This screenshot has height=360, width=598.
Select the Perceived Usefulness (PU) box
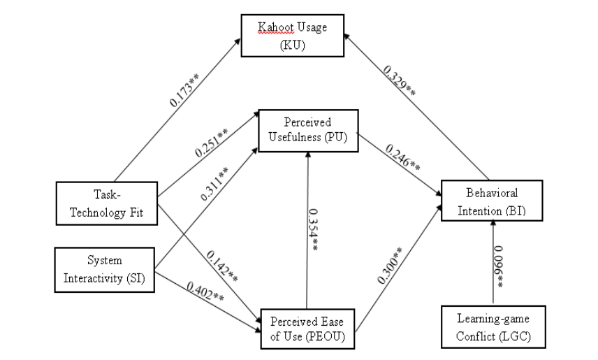(x=308, y=129)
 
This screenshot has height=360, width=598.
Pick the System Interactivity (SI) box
(x=104, y=266)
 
